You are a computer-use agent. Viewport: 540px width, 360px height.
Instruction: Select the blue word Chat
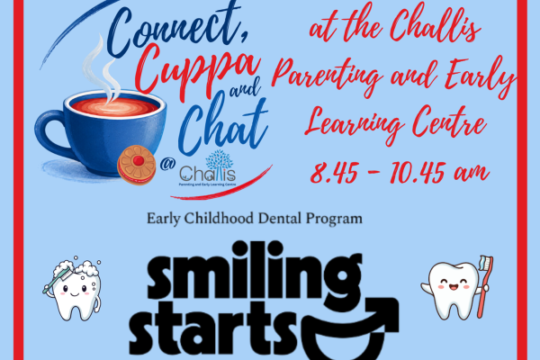point(223,126)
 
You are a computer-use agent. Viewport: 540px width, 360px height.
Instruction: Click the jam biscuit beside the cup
point(137,165)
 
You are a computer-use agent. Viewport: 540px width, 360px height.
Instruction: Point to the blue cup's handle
point(51,130)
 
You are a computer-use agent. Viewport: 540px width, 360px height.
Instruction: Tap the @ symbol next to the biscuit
point(167,164)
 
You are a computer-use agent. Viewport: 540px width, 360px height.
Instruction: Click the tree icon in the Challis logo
point(219,160)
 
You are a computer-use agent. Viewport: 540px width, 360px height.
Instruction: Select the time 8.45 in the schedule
point(333,173)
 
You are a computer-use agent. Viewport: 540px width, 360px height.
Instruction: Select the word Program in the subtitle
point(334,220)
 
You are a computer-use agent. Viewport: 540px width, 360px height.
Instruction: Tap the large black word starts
point(212,329)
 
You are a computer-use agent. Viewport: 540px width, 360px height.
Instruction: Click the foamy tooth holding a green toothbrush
point(73,289)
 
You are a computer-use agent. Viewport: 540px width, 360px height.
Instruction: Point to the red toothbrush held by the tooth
point(485,286)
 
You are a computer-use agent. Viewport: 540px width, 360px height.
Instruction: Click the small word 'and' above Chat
point(246,89)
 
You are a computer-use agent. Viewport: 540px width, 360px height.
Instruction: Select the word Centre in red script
point(449,122)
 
